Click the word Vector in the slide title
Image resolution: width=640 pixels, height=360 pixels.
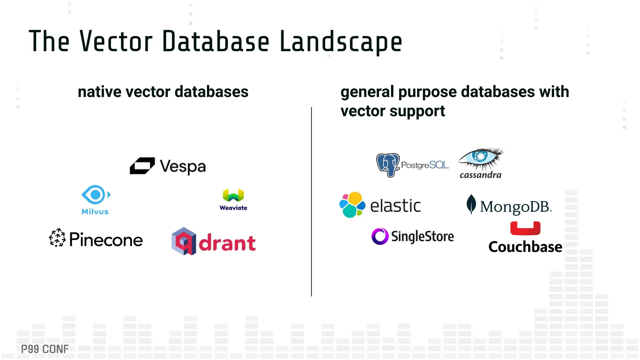(116, 41)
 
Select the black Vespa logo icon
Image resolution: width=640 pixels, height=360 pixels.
(142, 166)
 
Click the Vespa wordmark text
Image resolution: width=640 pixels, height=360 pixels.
(183, 167)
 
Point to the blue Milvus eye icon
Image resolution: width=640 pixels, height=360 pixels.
(96, 195)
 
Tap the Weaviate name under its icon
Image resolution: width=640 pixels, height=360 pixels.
(233, 208)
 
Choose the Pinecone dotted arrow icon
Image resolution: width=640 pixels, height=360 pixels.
(57, 237)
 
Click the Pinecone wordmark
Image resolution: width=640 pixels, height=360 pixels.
(106, 240)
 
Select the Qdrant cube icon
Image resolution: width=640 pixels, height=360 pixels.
(184, 241)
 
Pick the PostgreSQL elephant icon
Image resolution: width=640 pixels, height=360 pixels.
(388, 165)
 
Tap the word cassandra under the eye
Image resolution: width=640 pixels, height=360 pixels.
(480, 175)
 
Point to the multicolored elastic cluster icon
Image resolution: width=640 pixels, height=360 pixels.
(352, 205)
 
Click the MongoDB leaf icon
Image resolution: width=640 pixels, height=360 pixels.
(471, 204)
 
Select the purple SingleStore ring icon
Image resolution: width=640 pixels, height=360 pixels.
(380, 236)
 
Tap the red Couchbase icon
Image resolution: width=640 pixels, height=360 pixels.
(525, 228)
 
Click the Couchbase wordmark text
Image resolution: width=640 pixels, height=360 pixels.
(525, 247)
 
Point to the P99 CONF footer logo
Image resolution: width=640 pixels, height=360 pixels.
(45, 349)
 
